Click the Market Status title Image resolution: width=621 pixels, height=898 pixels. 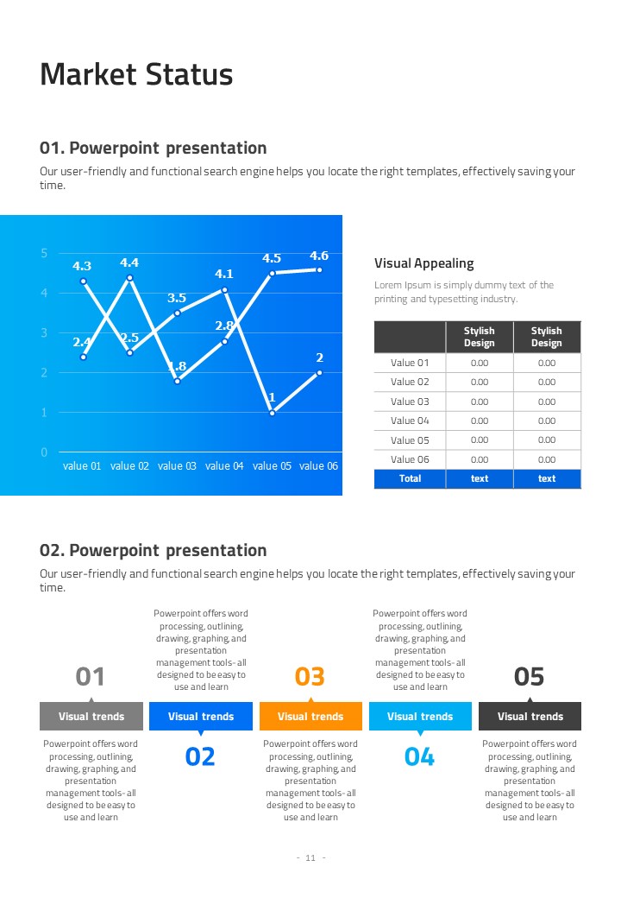[136, 75]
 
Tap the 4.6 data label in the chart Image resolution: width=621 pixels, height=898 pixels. [319, 256]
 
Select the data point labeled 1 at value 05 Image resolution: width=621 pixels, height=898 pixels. [272, 413]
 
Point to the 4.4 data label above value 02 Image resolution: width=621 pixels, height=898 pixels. [129, 262]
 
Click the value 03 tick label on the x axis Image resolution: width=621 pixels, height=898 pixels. [177, 466]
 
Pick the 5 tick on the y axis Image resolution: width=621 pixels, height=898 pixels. [44, 252]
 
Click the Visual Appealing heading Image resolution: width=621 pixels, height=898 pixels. [424, 263]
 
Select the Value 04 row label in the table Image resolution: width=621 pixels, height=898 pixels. [410, 421]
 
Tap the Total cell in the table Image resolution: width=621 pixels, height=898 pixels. [410, 478]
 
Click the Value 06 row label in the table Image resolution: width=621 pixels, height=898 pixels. [410, 459]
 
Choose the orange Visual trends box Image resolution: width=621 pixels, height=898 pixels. [310, 716]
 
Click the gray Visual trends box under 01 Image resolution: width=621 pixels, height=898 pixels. [91, 716]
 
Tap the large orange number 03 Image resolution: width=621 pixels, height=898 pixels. [310, 676]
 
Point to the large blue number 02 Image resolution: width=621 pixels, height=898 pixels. [200, 757]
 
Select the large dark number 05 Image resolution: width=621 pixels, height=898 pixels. [530, 676]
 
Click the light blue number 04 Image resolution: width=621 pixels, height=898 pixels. [420, 757]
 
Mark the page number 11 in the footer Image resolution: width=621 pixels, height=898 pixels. [310, 858]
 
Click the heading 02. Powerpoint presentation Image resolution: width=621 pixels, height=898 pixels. [154, 550]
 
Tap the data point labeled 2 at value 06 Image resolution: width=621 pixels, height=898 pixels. [319, 373]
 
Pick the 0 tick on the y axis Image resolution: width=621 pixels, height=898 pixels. [44, 452]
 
